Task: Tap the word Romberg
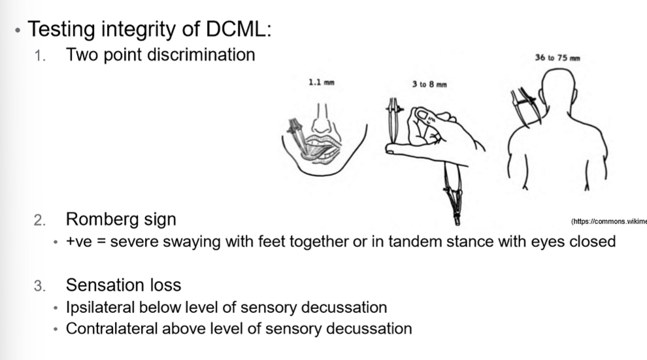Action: pyautogui.click(x=99, y=218)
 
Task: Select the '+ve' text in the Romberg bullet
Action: pyautogui.click(x=78, y=242)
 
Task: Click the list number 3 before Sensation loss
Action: pyautogui.click(x=40, y=286)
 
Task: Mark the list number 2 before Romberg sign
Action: pyautogui.click(x=40, y=219)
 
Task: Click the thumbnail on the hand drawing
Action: pyautogui.click(x=424, y=116)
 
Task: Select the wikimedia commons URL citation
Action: pyautogui.click(x=608, y=222)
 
